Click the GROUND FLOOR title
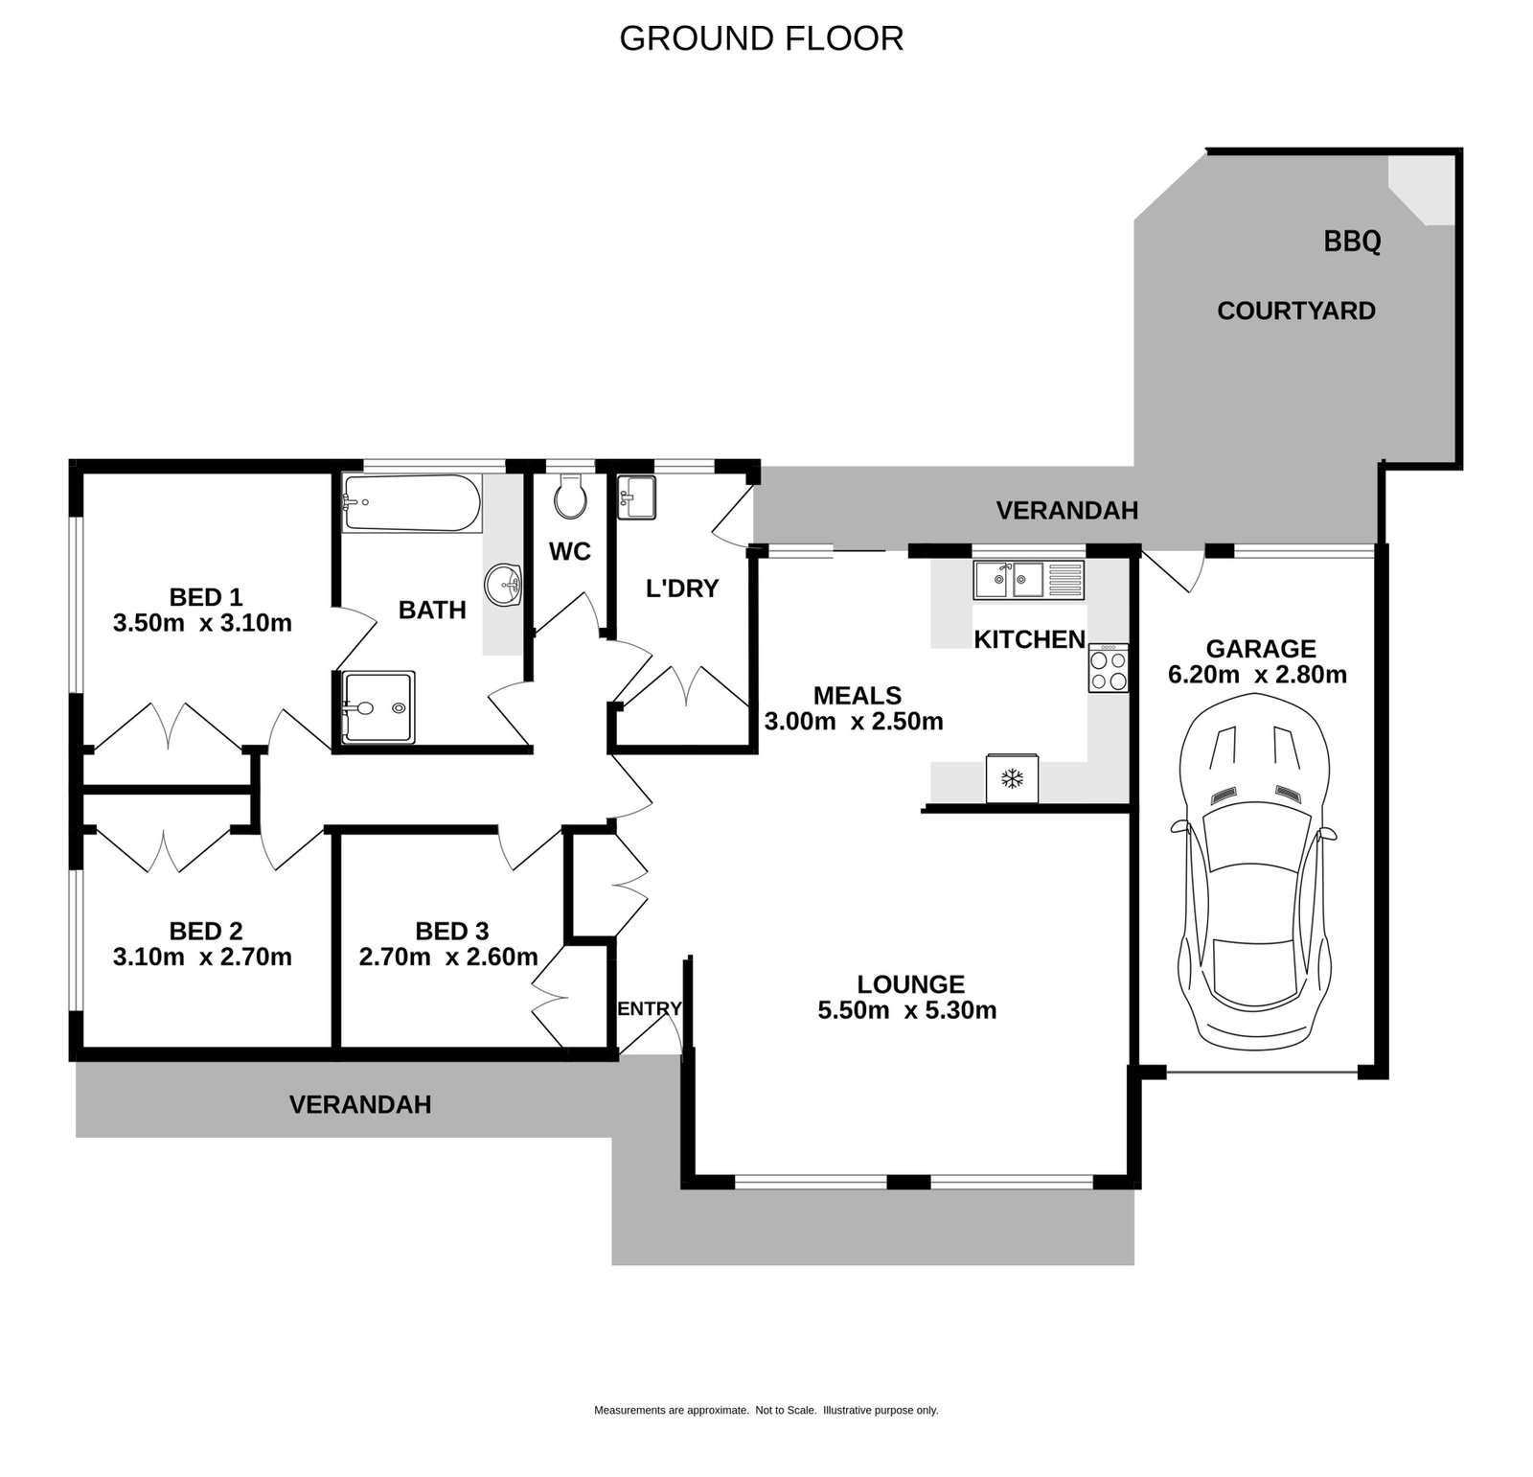point(762,38)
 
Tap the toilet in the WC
point(572,496)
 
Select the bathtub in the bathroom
point(412,503)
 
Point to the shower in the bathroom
point(378,707)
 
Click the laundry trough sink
point(636,496)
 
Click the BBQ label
point(1352,241)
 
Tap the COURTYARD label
point(1295,311)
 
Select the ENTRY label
point(650,1008)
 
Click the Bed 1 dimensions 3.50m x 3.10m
point(202,623)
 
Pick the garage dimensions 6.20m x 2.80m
point(1257,675)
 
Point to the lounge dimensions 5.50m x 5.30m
point(906,1010)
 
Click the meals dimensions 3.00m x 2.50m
point(854,721)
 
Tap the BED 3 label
point(451,931)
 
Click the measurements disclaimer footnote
point(766,1410)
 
